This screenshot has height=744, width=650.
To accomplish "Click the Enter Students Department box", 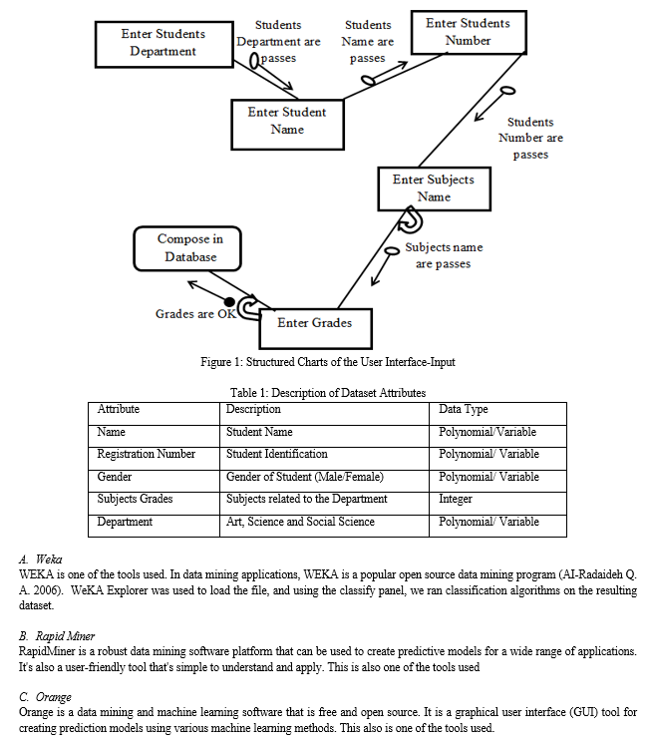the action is pos(164,45).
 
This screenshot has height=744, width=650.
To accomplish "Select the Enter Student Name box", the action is pos(287,125).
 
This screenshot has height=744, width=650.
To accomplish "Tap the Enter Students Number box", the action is pos(469,32).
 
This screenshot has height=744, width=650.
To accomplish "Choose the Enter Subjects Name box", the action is pos(434,188).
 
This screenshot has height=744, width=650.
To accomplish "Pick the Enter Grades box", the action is pos(315,329).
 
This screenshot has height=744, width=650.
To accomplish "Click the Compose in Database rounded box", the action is pos(187,248).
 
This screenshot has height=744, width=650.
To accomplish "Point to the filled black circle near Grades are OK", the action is pos(229,302).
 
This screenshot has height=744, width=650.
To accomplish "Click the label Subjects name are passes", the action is pos(444,255).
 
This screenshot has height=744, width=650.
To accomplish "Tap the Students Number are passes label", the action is pos(530,138).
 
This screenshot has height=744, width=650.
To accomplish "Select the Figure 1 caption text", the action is pos(327,362).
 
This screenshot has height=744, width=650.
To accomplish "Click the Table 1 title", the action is pos(328,393).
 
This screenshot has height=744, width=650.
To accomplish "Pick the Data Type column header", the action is pos(463,409).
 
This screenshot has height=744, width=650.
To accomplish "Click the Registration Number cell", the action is pos(147,454).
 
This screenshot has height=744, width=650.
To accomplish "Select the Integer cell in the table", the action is pos(456,499).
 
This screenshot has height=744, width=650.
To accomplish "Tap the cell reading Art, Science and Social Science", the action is pos(300,522).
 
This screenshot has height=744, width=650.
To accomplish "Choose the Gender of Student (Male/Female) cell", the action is pos(305,477).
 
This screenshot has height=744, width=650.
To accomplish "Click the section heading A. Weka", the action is pos(40,558).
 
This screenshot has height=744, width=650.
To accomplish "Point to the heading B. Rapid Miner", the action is pos(57,636).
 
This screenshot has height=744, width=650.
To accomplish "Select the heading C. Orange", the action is pos(45,697).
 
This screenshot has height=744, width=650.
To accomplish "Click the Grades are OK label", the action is pos(195,314).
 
